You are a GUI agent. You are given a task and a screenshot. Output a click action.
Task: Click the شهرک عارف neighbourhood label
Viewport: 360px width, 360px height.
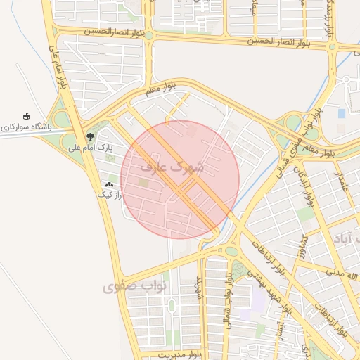[172, 167]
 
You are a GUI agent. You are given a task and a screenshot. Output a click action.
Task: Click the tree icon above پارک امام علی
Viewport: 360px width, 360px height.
[89, 136]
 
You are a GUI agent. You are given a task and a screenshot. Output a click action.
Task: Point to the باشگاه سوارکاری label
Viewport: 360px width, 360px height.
[27, 128]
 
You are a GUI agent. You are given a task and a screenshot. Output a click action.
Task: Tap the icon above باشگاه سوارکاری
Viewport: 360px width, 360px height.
[27, 116]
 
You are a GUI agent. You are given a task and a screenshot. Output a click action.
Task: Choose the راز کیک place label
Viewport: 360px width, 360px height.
[110, 194]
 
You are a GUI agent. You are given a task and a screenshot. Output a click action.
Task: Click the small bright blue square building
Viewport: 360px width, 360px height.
[342, 112]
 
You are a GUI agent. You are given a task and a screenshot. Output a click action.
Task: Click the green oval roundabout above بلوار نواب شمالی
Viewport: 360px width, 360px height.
[231, 250]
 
